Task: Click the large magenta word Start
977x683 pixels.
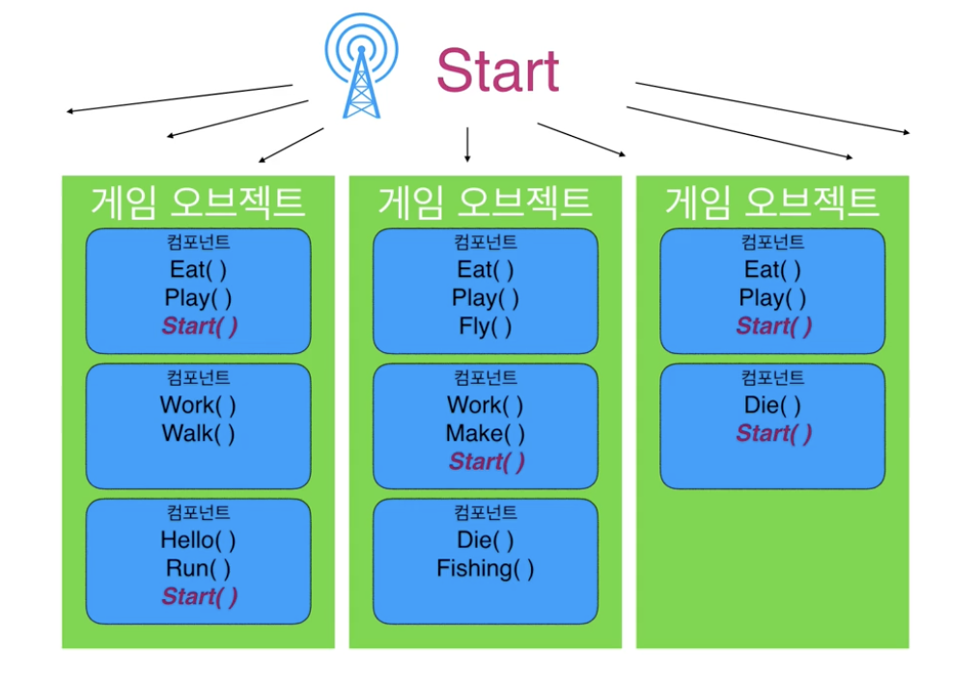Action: point(497,69)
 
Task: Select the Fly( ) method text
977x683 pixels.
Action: point(485,326)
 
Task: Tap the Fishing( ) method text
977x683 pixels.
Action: point(485,568)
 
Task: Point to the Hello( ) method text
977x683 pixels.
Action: point(198,539)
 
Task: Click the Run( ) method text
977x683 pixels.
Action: point(198,568)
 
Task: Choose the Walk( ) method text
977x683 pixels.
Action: point(198,433)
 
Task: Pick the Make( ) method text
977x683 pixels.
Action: point(485,433)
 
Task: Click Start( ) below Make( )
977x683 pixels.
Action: point(487,462)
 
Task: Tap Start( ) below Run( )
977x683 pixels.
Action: point(199,597)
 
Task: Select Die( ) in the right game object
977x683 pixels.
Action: point(772,405)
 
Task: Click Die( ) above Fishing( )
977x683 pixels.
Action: point(485,539)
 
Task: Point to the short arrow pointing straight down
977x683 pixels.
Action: point(467,144)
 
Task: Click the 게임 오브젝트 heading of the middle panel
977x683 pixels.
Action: point(485,202)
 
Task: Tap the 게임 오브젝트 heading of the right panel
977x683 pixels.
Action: point(771,202)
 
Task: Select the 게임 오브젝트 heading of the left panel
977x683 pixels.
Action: point(198,202)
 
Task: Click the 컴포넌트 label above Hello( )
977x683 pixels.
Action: point(198,512)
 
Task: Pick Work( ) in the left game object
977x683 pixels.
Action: point(198,405)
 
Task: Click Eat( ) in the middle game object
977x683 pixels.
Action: point(485,269)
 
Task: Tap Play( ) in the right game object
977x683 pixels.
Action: point(772,297)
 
